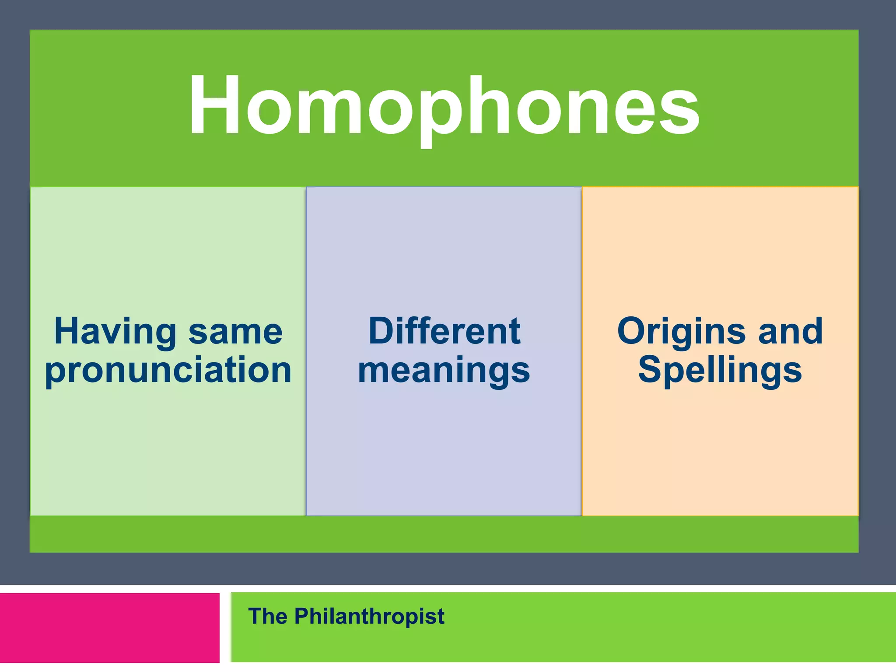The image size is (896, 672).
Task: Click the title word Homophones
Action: [444, 106]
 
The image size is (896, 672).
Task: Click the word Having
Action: [115, 332]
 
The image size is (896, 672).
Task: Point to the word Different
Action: [444, 331]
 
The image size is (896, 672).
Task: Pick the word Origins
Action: [681, 332]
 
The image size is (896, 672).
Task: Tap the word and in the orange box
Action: [791, 331]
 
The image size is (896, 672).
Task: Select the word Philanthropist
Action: [369, 617]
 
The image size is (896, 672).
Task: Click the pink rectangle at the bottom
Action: [109, 628]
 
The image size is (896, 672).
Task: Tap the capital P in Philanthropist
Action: [303, 616]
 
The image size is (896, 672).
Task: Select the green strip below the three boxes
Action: [444, 534]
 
